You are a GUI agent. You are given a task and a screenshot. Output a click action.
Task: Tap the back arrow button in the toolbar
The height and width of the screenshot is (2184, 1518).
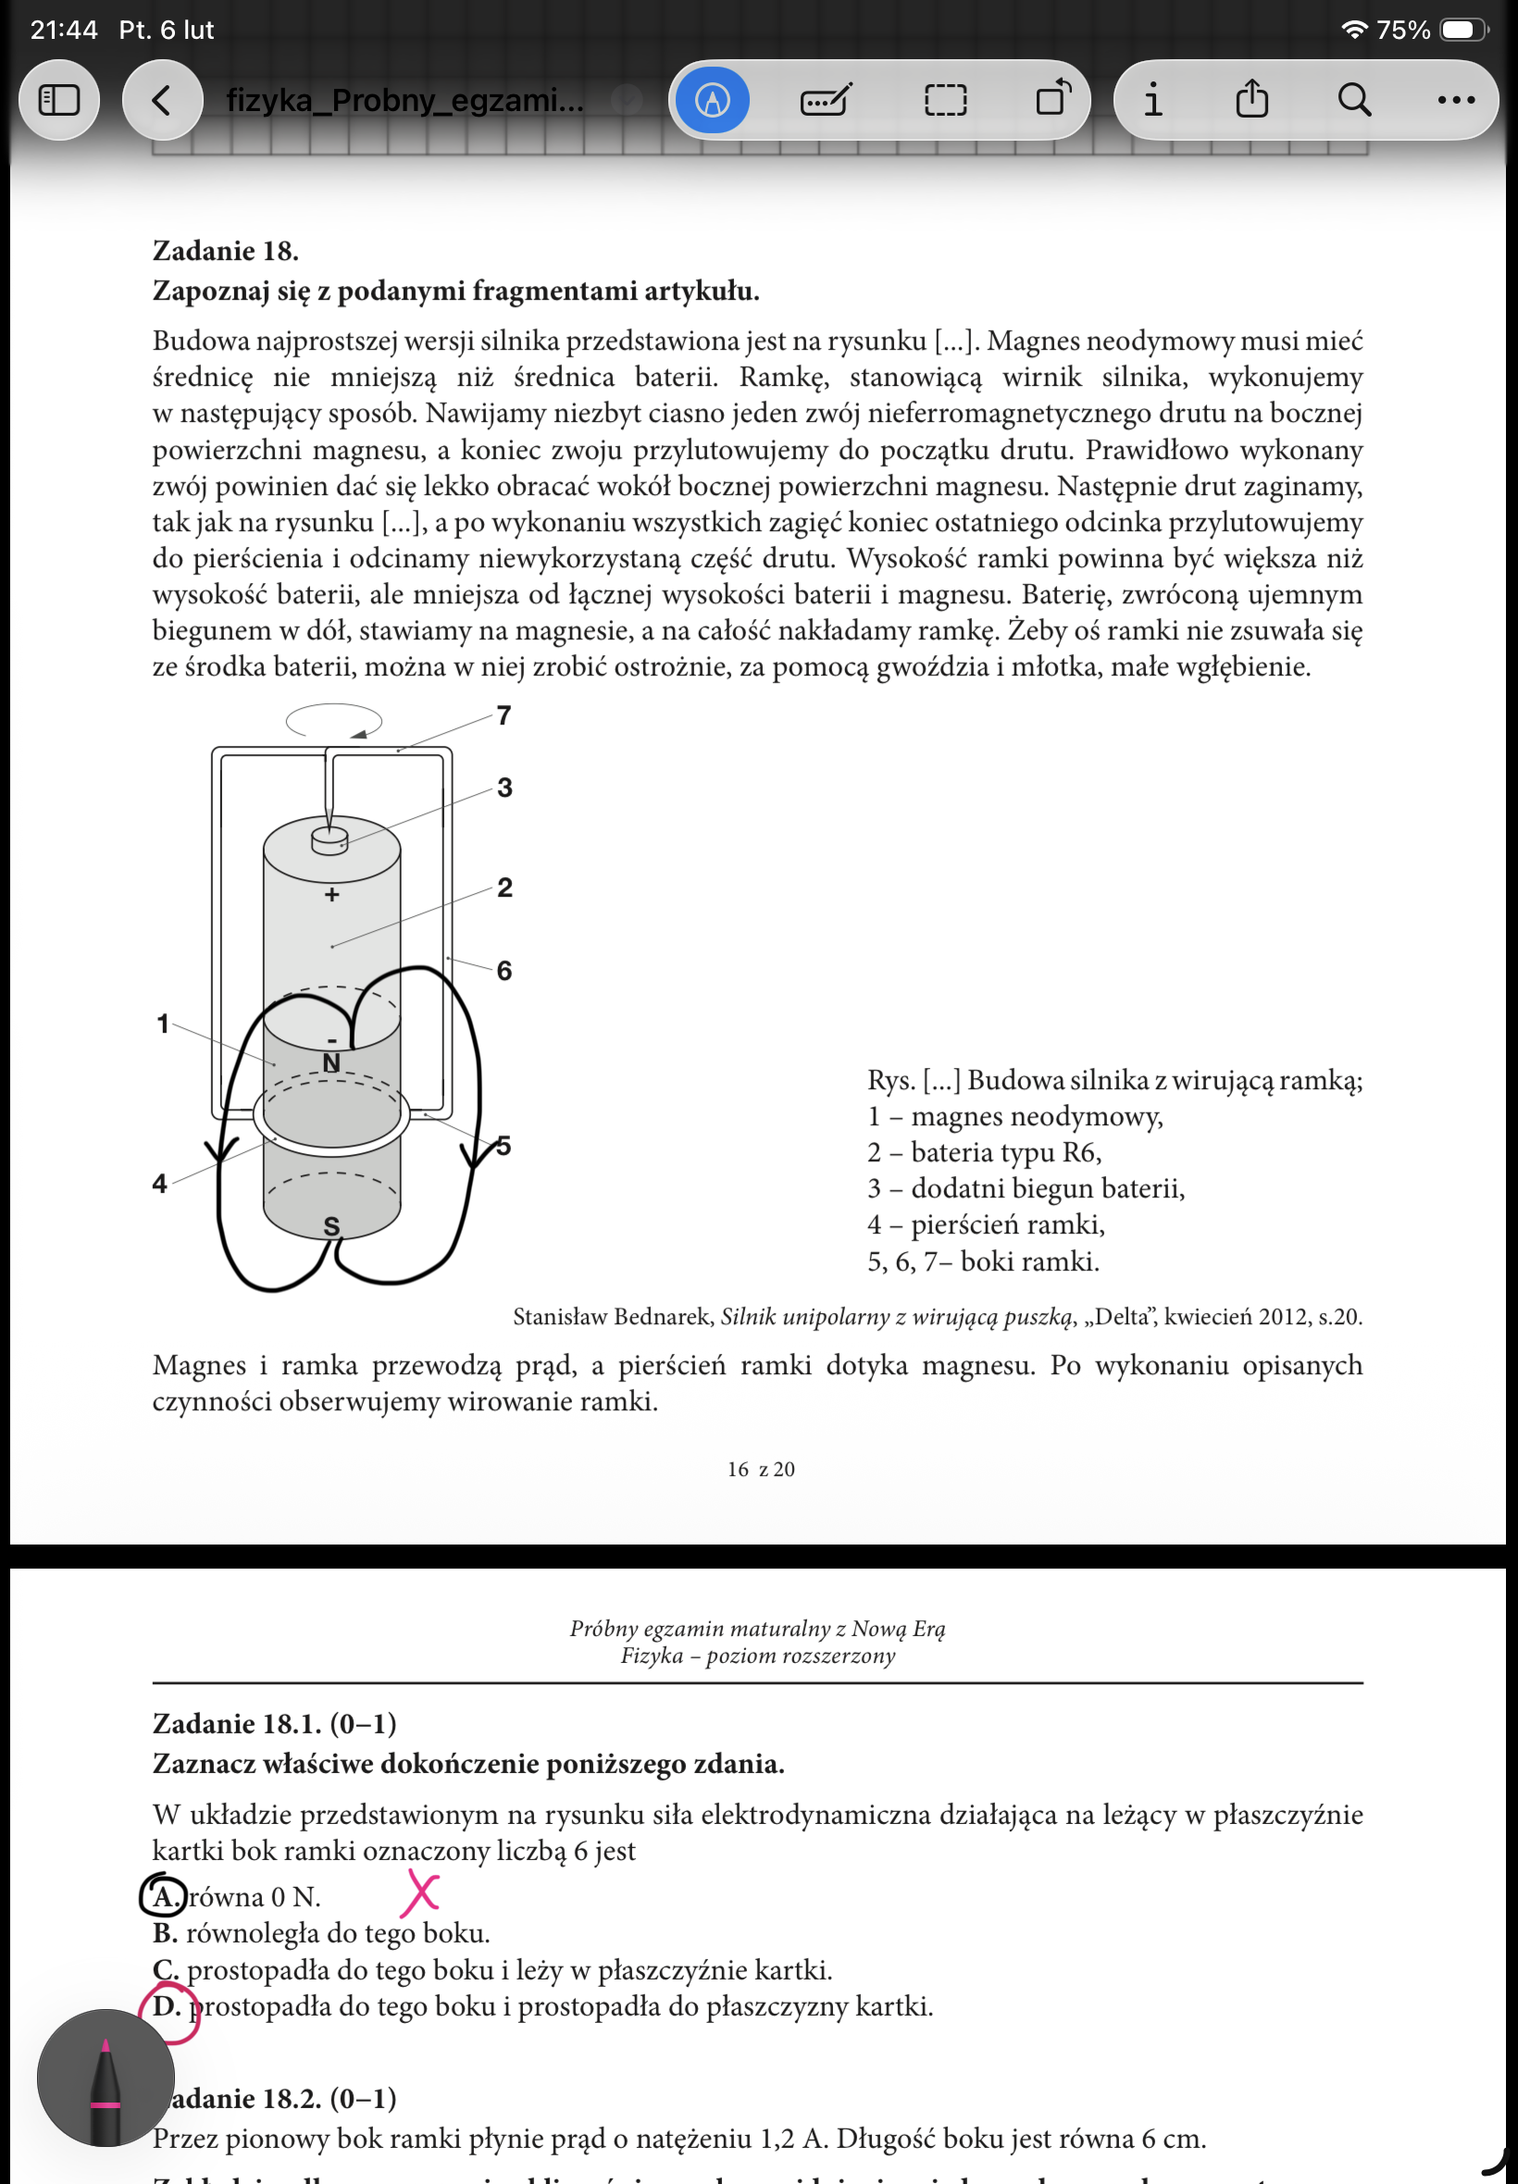[x=162, y=100]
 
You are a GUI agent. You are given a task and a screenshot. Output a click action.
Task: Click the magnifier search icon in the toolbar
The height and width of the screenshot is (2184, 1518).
[x=1353, y=100]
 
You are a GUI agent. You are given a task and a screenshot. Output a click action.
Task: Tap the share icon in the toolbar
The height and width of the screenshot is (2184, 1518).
[x=1251, y=99]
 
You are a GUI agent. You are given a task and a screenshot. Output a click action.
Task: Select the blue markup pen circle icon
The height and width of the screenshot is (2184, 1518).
[x=713, y=100]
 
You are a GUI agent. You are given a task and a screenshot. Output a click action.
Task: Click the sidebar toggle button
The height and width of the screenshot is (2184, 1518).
[x=59, y=100]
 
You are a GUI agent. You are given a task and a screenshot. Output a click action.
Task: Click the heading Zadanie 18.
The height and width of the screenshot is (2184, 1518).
[x=226, y=251]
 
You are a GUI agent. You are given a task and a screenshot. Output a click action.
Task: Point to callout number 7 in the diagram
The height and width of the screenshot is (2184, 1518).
[x=504, y=715]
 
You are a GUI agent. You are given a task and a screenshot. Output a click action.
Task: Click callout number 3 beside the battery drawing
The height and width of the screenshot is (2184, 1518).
[x=504, y=788]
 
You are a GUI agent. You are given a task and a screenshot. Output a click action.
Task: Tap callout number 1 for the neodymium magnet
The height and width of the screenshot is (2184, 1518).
[x=163, y=1024]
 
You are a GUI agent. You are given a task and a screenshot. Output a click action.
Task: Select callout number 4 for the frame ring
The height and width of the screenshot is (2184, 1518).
[x=160, y=1183]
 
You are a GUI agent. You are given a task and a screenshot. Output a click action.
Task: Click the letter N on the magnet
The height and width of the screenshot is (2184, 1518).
[x=331, y=1063]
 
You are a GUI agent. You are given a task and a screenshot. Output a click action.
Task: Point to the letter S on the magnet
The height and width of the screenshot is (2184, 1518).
[x=331, y=1226]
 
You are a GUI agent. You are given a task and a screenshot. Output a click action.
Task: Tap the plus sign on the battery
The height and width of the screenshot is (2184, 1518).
[x=332, y=895]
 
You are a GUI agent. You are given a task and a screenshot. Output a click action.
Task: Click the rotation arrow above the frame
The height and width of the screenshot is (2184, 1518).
[x=334, y=721]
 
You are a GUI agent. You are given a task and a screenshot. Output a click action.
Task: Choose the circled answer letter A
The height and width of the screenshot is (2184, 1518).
[x=165, y=1897]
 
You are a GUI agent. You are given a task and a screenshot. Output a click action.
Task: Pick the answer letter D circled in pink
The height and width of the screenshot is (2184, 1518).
[x=168, y=2007]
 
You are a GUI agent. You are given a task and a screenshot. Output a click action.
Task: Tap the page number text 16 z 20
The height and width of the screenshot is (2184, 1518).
[x=761, y=1469]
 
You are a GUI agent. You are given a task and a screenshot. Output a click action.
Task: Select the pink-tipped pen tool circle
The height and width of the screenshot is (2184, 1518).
[x=106, y=2078]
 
